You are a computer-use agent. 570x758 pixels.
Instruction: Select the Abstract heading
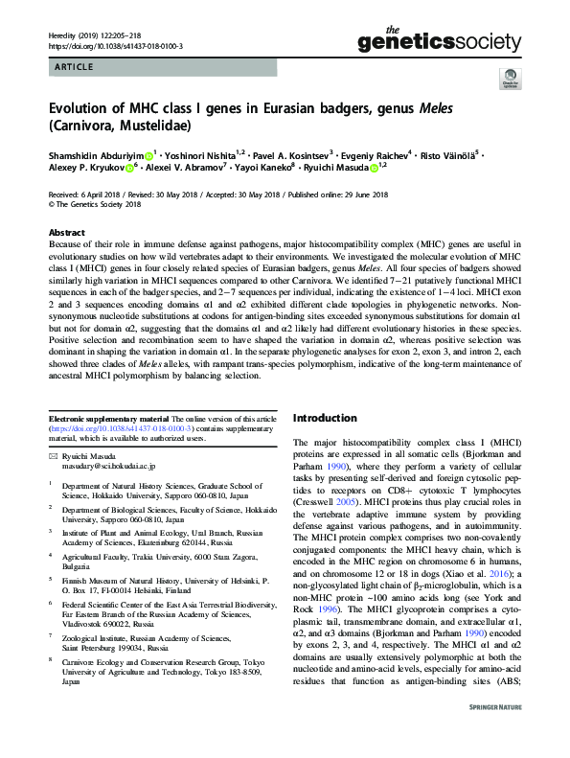pyautogui.click(x=66, y=232)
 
